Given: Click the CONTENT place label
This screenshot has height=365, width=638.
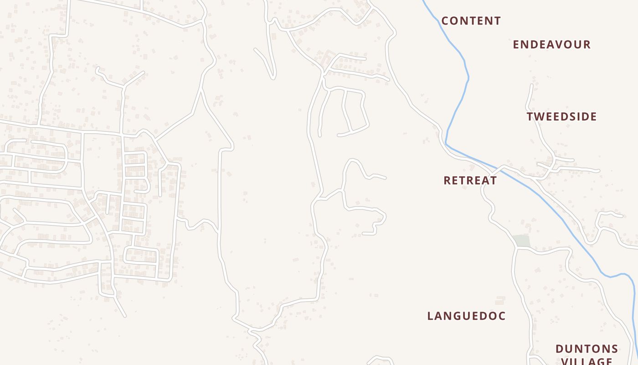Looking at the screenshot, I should pos(471,21).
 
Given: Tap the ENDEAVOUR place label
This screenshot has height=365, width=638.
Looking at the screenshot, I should pos(552,45).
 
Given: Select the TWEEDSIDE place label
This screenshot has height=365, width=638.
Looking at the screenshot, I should pos(562,117).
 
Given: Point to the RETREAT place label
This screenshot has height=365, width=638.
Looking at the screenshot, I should pos(470,181).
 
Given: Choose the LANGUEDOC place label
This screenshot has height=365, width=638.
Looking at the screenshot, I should pos(467,316).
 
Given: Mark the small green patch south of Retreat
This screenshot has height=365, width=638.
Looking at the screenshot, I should pos(522,241).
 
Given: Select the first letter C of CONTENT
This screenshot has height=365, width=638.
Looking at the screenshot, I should pos(445,21).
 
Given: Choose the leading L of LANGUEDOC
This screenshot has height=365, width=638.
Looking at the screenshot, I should pos(430,316).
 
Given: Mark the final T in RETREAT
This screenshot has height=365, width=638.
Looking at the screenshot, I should pos(494,181).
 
